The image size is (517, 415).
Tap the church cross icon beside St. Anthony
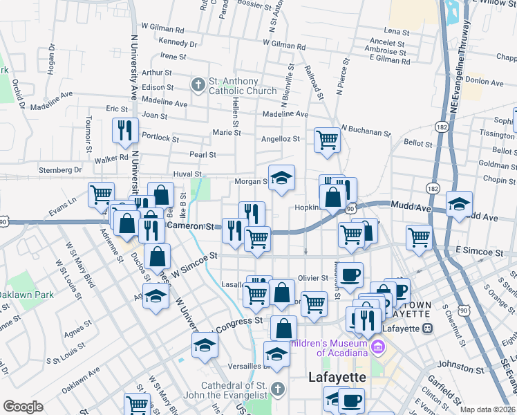click(x=198, y=86)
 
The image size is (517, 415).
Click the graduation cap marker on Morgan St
click(x=281, y=179)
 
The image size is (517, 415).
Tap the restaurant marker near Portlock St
click(x=125, y=131)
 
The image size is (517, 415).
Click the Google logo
click(x=22, y=407)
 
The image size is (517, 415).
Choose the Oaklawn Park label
click(x=26, y=295)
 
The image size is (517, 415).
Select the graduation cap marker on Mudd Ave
click(x=459, y=205)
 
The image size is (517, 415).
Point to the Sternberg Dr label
click(x=58, y=169)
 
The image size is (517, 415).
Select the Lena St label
click(x=397, y=31)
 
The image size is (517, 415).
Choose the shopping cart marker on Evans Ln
click(x=101, y=194)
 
